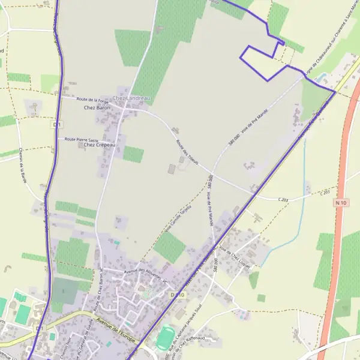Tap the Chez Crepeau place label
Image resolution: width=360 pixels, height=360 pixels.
coord(99,145)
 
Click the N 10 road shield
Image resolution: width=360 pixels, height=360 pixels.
coord(341,203)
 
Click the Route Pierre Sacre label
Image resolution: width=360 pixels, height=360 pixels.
coord(81,139)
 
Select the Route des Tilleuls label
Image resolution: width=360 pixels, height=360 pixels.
coord(186,153)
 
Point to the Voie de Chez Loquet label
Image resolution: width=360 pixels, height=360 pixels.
coord(236,253)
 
